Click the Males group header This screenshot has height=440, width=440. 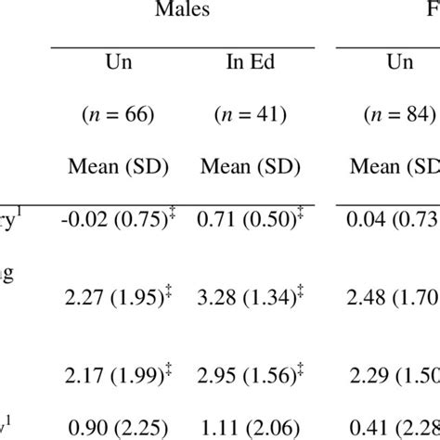(x=182, y=12)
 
